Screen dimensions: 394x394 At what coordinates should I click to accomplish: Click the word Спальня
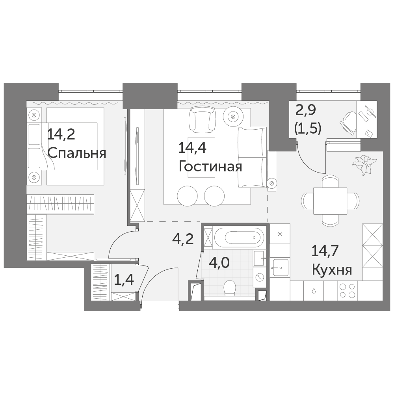point(77,153)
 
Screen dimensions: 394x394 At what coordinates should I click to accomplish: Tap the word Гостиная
point(210,166)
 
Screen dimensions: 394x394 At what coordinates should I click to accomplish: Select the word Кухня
point(332,270)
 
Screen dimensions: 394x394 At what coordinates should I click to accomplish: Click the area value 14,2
point(61,134)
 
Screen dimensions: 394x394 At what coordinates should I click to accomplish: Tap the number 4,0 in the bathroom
point(219,263)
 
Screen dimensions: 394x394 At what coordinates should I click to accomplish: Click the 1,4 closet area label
point(124,280)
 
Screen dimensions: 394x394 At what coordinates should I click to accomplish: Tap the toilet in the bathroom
point(230,288)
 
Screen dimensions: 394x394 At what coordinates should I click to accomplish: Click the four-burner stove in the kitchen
point(347,290)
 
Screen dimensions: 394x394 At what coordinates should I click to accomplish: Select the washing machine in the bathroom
point(259,277)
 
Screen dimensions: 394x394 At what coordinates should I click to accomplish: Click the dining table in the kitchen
point(330,201)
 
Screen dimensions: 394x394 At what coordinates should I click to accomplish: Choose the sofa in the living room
point(252,158)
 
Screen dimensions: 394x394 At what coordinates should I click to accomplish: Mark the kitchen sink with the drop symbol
point(314,291)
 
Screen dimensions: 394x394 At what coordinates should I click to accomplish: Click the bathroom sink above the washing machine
point(259,258)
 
